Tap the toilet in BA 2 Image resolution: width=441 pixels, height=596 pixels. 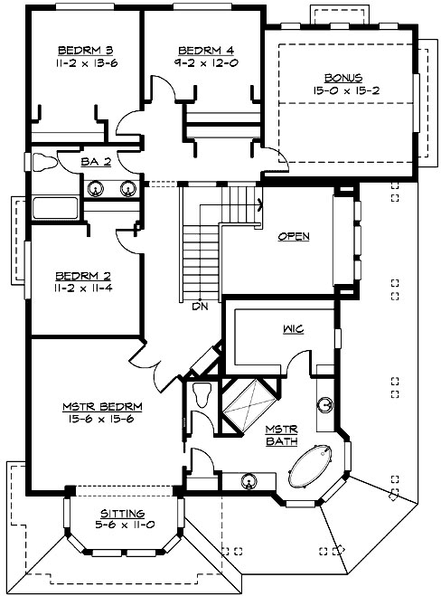45,163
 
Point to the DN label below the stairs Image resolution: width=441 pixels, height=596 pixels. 200,306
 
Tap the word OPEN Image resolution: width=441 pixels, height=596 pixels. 294,237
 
